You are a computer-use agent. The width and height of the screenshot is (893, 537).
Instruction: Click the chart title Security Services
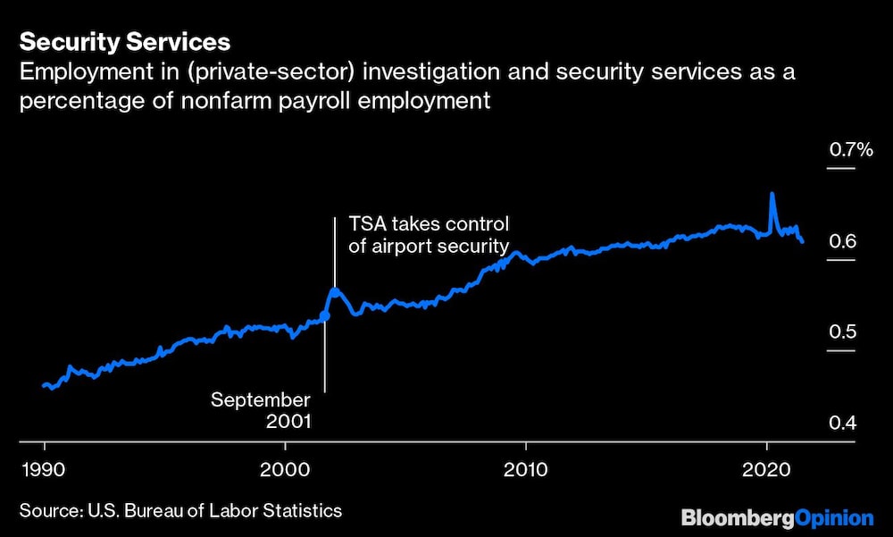(124, 42)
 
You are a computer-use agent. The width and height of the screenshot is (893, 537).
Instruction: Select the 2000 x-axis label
(285, 468)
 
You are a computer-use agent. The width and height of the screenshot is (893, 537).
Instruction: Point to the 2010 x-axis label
(526, 468)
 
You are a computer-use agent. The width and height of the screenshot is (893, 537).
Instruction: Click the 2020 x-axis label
(767, 468)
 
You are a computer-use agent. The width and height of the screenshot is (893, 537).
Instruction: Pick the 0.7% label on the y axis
(851, 150)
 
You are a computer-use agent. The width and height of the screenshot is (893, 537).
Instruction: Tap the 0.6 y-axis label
(842, 242)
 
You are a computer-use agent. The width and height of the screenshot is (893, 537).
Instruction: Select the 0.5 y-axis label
(842, 332)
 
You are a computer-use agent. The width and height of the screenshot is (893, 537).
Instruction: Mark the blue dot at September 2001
(325, 315)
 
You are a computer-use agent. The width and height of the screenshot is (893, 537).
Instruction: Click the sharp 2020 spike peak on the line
(772, 194)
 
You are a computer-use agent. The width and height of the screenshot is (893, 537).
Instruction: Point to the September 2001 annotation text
(261, 410)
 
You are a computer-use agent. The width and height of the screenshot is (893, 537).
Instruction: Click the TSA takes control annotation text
(428, 234)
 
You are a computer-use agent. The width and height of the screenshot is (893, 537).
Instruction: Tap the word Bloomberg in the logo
(736, 517)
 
